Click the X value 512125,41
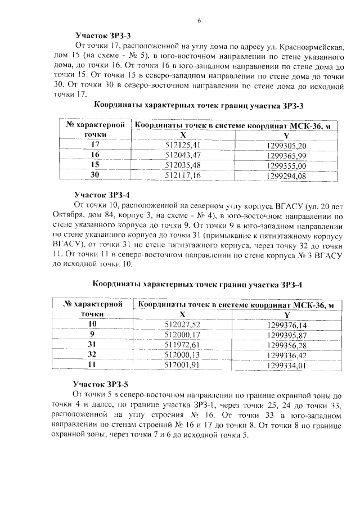[183, 145]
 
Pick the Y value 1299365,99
[286, 155]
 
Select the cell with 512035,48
[183, 165]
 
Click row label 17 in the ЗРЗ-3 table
[95, 145]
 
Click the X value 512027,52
[183, 325]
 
